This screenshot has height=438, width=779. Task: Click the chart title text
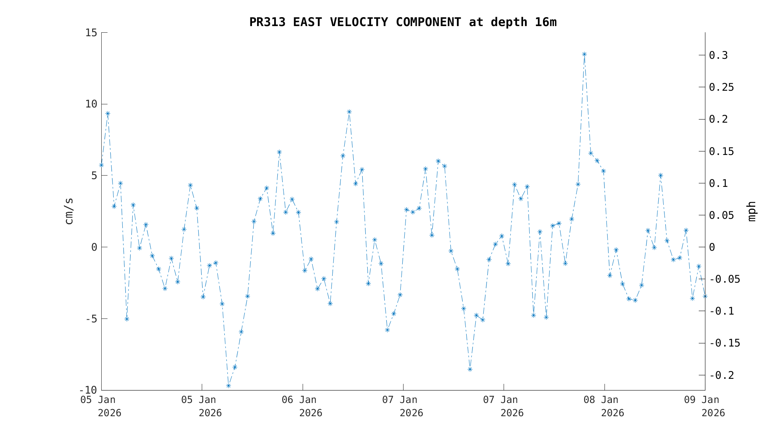[x=403, y=22]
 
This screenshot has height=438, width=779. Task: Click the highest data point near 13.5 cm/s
[x=584, y=54]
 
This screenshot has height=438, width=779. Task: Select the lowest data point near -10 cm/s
[x=228, y=386]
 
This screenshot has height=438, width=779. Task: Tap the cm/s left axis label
[x=69, y=211]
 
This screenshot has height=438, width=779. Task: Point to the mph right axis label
[x=751, y=211]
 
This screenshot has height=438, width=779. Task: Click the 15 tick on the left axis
[x=91, y=33]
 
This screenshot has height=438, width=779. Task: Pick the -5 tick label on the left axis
[x=91, y=319]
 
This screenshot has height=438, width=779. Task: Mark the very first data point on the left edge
[x=101, y=165]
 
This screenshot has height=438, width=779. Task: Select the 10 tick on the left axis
[x=91, y=104]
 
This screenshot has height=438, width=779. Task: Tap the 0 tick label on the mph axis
[x=712, y=247]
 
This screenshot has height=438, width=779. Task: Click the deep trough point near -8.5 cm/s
[x=470, y=369]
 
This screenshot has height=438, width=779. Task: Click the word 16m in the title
[x=546, y=22]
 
